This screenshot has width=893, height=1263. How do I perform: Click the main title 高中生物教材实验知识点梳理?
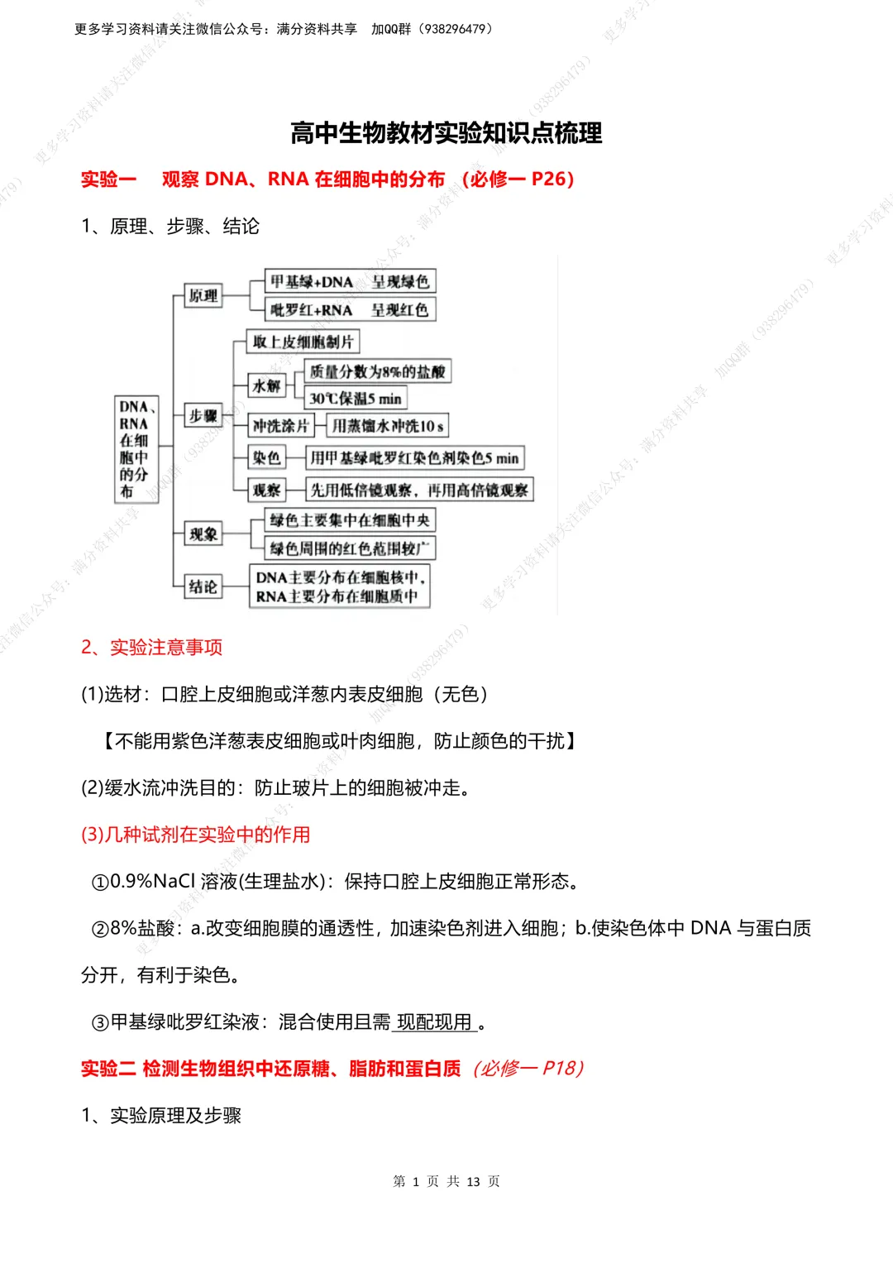(x=446, y=133)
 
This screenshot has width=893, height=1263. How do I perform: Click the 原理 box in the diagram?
(x=203, y=295)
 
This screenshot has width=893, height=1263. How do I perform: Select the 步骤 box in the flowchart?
(x=203, y=415)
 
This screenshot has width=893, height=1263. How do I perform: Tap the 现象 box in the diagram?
(x=203, y=534)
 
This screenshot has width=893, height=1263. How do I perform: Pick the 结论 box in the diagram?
(x=203, y=586)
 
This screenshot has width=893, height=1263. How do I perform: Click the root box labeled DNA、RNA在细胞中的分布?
(x=134, y=449)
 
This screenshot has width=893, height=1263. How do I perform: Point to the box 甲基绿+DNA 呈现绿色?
(x=350, y=281)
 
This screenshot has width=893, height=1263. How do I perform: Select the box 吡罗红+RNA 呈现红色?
(x=350, y=309)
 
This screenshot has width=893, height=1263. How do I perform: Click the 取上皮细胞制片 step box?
(x=303, y=342)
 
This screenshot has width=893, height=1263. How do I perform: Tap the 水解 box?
(x=266, y=385)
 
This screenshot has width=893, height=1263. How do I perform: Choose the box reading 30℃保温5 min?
(x=355, y=399)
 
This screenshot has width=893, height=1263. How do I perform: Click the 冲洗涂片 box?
(x=280, y=426)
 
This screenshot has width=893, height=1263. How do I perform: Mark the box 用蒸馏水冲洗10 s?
(x=387, y=426)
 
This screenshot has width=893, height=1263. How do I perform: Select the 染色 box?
(x=266, y=457)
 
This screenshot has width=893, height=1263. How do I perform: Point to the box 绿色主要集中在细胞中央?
(x=350, y=520)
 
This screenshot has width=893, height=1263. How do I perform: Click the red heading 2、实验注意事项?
(x=151, y=647)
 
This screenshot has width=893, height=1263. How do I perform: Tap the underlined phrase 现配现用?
(x=435, y=1022)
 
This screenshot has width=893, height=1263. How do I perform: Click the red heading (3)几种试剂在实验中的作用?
(x=195, y=835)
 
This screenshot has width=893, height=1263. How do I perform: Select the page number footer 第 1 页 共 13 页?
(x=446, y=1181)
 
